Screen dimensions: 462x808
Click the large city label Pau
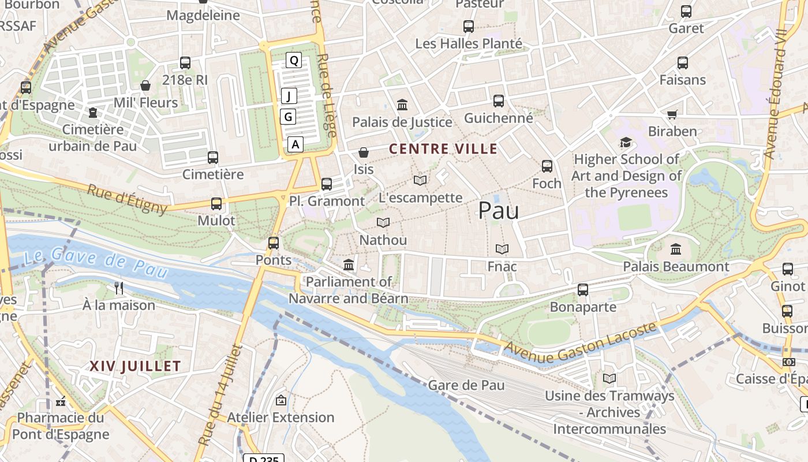[x=498, y=211]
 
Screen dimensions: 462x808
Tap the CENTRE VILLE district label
[x=443, y=149]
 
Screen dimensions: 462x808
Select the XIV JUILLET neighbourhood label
[x=135, y=366]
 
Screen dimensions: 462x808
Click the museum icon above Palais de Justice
[x=402, y=105]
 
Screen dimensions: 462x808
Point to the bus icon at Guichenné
[x=499, y=101]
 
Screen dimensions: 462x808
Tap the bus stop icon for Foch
[x=547, y=166]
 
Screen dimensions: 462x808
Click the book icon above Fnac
[x=502, y=249]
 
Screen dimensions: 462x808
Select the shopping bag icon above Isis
[x=364, y=152]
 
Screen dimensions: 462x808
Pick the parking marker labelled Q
[x=294, y=59]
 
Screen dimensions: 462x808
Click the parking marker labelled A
[x=295, y=144]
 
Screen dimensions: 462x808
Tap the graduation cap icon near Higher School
[x=626, y=142]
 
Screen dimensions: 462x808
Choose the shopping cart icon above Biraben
[x=672, y=114]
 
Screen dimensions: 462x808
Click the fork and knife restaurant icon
[x=119, y=288]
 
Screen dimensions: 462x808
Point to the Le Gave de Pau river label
[x=96, y=260]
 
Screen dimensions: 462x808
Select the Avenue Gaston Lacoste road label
[x=581, y=343]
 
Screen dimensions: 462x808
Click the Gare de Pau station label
[x=466, y=385]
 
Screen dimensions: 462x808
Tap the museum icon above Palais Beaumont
[x=676, y=249]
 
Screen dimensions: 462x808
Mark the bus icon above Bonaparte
[x=583, y=290]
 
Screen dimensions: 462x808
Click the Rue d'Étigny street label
[x=127, y=198]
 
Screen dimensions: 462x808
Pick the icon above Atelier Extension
[x=280, y=400]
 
